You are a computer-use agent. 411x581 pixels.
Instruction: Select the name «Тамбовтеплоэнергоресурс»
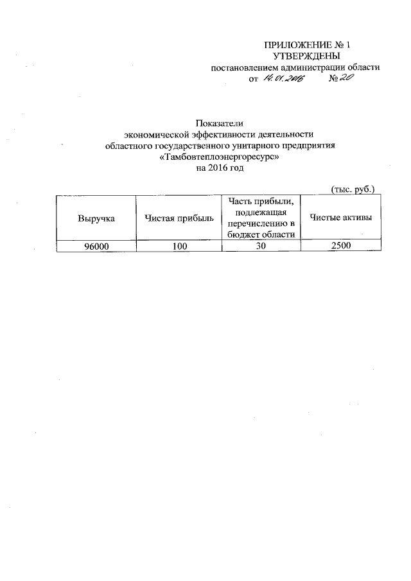coord(220,157)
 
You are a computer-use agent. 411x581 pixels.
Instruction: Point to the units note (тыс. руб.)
coord(352,189)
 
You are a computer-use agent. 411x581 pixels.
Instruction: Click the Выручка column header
coord(96,218)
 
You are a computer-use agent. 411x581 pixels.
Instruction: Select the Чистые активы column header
coord(341,218)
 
